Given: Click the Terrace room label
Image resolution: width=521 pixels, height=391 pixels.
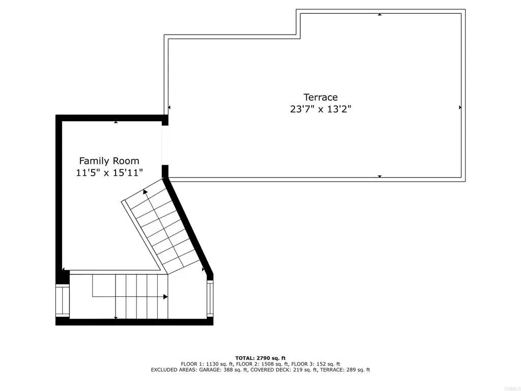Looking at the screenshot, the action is coord(321,97).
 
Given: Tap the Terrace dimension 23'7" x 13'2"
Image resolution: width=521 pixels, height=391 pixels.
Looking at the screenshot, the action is coord(321,109).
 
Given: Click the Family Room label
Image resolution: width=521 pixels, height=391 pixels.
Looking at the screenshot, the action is coord(109,161).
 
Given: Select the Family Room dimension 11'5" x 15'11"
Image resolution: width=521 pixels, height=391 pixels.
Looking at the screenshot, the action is coord(109,173).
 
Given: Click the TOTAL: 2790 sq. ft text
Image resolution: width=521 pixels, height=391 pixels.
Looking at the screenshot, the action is coord(260,358).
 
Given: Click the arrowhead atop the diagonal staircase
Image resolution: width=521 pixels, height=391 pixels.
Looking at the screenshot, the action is coord(145,191).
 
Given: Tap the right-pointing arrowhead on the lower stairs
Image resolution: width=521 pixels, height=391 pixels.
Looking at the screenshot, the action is coord(165,297).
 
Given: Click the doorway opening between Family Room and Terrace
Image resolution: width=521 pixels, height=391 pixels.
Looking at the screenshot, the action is coord(165,145).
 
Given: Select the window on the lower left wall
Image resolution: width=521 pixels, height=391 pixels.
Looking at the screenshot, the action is coord(63,300).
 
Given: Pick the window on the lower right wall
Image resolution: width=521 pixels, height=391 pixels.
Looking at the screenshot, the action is coord(210,298).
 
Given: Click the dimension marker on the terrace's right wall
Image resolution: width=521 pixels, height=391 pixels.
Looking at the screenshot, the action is coord(460,107).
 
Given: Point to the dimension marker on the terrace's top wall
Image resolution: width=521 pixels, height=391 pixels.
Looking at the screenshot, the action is coord(380,14).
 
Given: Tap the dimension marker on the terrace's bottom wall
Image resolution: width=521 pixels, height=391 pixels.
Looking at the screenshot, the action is coord(380,176).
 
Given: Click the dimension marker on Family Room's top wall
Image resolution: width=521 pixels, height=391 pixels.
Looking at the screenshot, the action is coord(115,122).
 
